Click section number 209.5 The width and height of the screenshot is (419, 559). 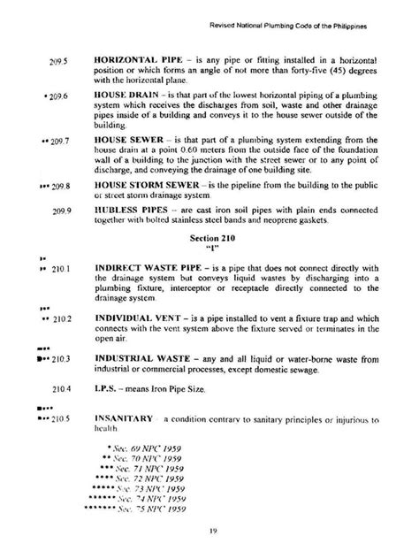coord(61,64)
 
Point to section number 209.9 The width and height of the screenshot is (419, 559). coord(62,211)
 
